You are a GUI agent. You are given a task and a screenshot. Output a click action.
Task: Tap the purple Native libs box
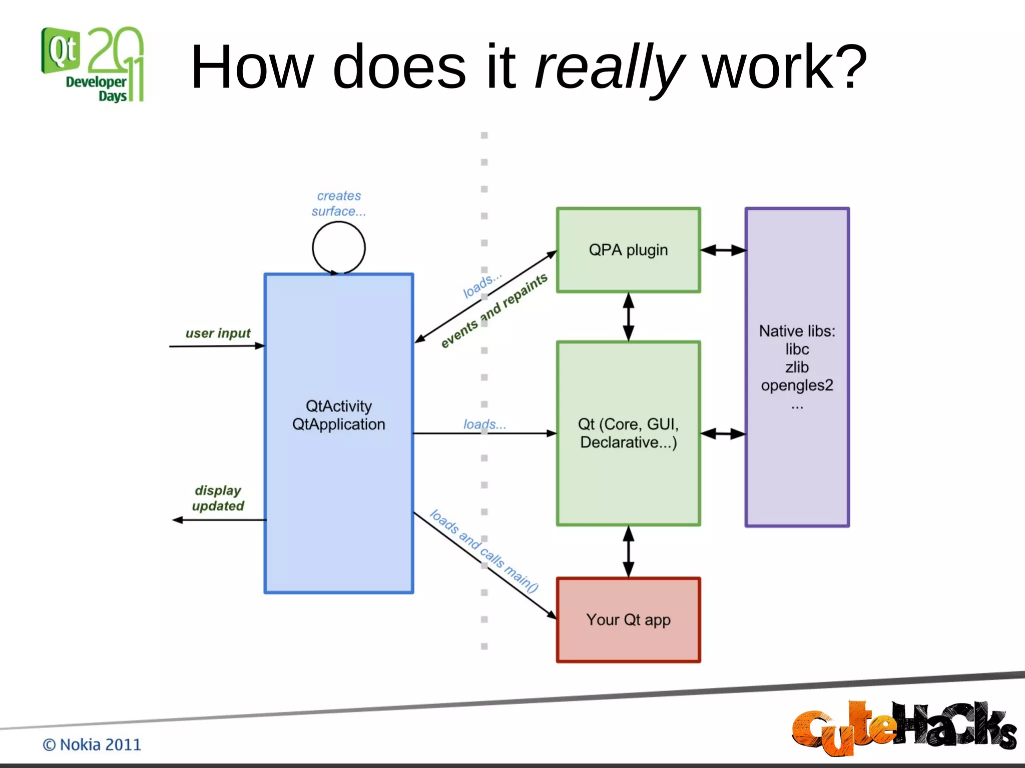pyautogui.click(x=797, y=465)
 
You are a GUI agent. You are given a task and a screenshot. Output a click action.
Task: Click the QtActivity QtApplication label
pyautogui.click(x=339, y=415)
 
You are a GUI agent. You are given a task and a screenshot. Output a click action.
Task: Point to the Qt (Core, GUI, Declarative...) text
pyautogui.click(x=628, y=433)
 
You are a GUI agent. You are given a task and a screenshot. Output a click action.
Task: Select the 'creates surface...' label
pyautogui.click(x=339, y=203)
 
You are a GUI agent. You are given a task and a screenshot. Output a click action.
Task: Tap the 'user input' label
pyautogui.click(x=218, y=333)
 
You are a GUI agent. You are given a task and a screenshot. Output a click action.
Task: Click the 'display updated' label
pyautogui.click(x=218, y=498)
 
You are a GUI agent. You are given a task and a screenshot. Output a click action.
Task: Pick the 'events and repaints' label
pyautogui.click(x=494, y=310)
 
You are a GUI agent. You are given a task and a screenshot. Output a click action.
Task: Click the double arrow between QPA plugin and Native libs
pyautogui.click(x=723, y=250)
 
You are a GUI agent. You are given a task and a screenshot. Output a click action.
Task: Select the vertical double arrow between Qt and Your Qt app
pyautogui.click(x=629, y=551)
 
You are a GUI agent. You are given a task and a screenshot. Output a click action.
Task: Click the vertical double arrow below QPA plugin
pyautogui.click(x=629, y=317)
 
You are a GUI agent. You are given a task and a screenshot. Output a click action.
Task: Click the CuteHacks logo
pyautogui.click(x=903, y=727)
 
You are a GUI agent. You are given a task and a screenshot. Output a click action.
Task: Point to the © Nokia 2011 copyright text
pyautogui.click(x=92, y=744)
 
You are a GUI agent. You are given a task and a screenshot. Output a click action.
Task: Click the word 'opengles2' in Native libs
pyautogui.click(x=797, y=385)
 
